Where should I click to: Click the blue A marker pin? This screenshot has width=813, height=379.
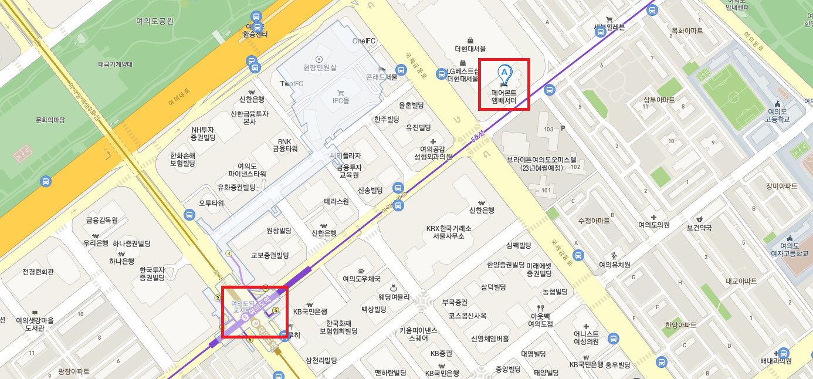tap(504, 74)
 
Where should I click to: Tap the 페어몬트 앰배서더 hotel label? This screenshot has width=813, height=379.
tap(504, 96)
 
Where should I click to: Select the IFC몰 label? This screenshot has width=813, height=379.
tap(341, 101)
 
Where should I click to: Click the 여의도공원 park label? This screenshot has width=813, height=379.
tap(155, 21)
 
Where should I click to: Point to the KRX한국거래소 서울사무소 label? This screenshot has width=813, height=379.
tap(449, 232)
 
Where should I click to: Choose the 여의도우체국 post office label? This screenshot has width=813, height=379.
tap(361, 279)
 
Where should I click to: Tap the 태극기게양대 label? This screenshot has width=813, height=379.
tap(116, 65)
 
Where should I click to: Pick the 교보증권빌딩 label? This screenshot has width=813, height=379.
tap(270, 256)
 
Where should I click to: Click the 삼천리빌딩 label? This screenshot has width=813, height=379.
tap(321, 360)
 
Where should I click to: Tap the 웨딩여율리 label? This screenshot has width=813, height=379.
tap(394, 297)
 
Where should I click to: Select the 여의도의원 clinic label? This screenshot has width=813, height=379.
tap(654, 225)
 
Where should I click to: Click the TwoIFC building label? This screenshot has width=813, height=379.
tap(292, 84)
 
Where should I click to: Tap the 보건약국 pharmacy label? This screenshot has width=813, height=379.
tap(699, 227)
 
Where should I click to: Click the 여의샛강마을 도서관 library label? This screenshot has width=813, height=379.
tap(35, 324)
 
